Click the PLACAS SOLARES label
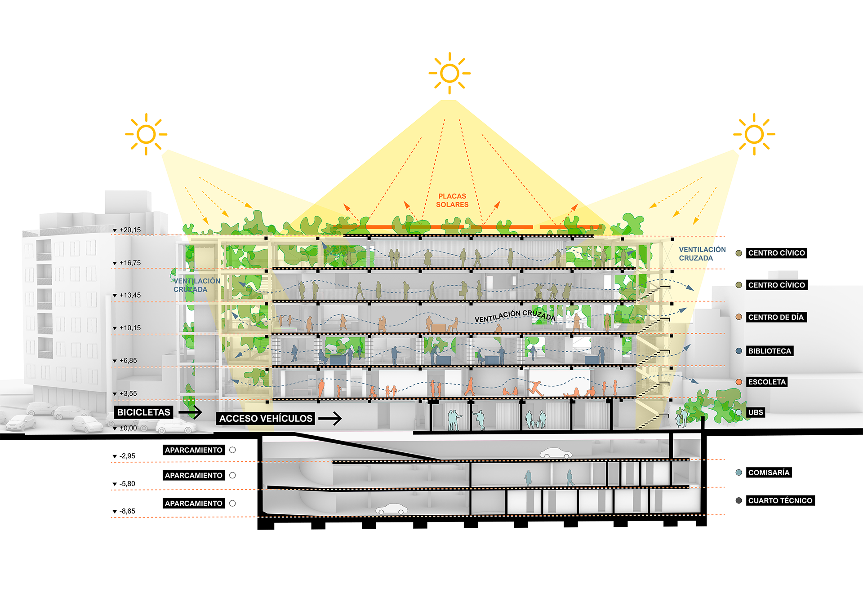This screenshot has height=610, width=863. coord(452,200)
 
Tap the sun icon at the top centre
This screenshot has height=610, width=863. coord(449,73)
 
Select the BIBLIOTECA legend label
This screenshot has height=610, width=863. coord(769,351)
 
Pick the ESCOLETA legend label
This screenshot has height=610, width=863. coord(766,382)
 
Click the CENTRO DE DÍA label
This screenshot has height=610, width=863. coord(775,317)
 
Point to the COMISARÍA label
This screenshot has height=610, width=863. coord(769,473)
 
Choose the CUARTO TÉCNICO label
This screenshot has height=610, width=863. coord(780,500)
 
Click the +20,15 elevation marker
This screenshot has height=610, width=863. coord(129,230)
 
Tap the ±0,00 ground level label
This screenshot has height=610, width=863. coord(128,428)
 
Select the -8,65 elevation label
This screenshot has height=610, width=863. coord(127,511)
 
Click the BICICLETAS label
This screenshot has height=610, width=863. coord(143,412)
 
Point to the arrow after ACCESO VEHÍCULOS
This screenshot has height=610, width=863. coord(330,419)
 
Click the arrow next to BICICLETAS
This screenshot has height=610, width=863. coord(190,412)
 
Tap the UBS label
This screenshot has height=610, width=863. coord(755,412)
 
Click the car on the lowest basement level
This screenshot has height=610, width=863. coord(391,509)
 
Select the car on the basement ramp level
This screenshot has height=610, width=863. coord(556,453)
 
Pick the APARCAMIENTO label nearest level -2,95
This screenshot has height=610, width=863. coord(193,450)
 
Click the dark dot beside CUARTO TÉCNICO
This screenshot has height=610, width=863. coord(738,500)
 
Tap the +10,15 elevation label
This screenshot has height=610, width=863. coord(129,328)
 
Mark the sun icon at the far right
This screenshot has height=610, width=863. coord(754,134)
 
